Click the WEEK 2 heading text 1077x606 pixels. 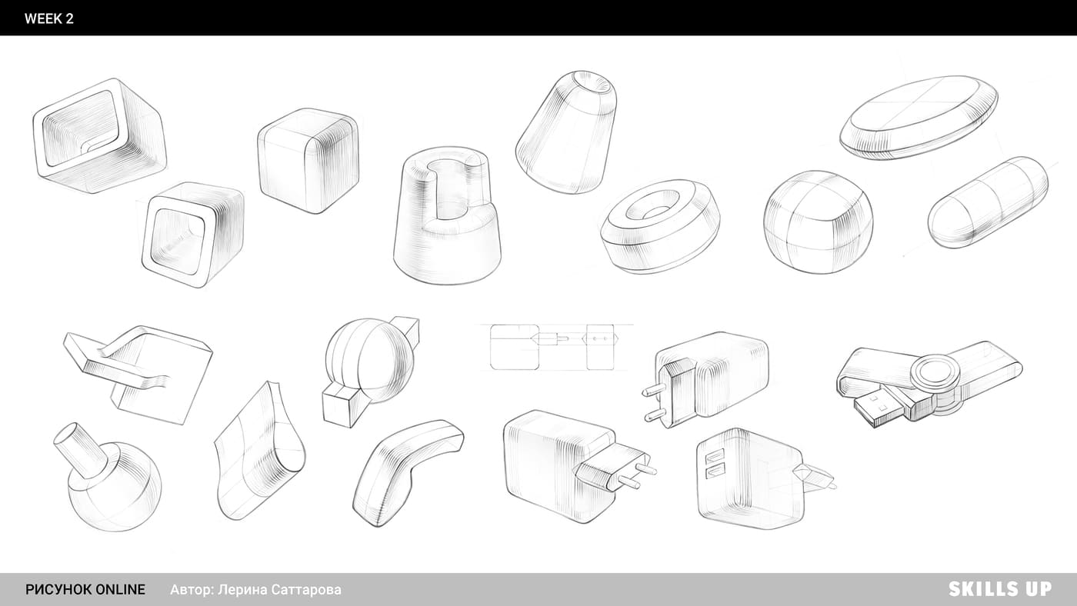[49, 18]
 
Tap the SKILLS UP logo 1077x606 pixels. [1000, 589]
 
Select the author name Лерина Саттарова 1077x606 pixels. [280, 590]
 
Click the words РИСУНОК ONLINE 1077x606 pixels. [85, 590]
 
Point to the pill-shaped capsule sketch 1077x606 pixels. [988, 202]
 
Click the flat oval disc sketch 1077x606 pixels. [919, 117]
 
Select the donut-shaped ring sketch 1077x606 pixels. [660, 226]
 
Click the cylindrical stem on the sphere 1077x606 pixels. [80, 450]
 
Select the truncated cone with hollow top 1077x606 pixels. [566, 132]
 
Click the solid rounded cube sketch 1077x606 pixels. [308, 161]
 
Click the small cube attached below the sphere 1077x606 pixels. [342, 407]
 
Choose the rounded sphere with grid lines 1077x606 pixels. [818, 222]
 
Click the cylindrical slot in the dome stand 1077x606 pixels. [452, 189]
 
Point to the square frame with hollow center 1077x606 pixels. [193, 235]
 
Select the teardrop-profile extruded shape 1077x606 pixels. [260, 451]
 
